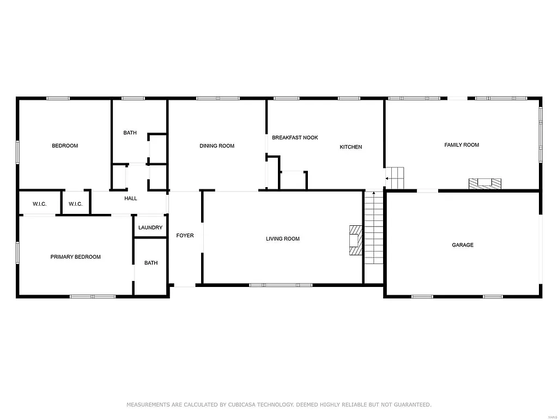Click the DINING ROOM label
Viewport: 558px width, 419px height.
tap(217, 146)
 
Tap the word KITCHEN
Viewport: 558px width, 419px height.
tap(350, 147)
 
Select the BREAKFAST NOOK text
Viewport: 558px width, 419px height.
tap(295, 137)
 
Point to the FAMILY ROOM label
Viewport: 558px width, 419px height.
tap(462, 145)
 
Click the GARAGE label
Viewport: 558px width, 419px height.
tap(463, 245)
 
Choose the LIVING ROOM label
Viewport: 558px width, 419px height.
tap(282, 238)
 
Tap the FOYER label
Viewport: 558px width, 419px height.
tap(185, 236)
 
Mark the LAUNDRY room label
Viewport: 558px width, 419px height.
tap(150, 228)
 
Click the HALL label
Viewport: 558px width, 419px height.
tap(131, 199)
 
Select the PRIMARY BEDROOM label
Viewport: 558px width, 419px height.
tap(75, 257)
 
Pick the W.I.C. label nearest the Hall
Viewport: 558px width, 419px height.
tap(75, 204)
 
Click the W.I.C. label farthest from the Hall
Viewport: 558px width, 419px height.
tap(39, 204)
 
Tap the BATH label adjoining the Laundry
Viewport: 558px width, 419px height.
tap(151, 263)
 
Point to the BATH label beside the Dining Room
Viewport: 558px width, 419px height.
tap(130, 133)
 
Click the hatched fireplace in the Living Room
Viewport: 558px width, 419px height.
tap(355, 240)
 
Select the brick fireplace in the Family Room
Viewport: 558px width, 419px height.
tap(484, 184)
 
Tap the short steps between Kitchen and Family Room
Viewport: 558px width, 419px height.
tap(396, 178)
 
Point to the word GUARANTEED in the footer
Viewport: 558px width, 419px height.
tap(411, 405)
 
